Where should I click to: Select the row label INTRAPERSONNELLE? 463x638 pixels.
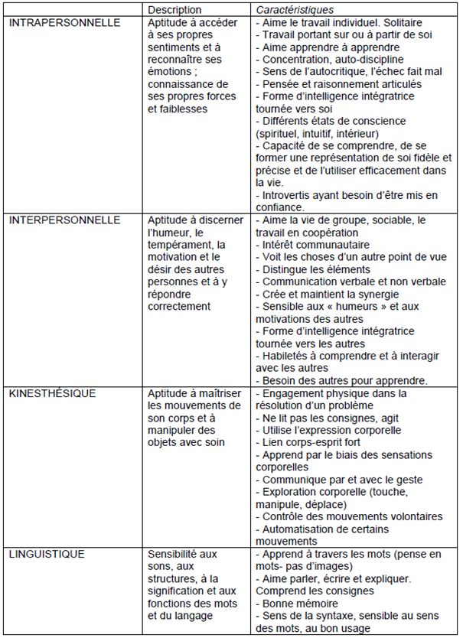pos(64,23)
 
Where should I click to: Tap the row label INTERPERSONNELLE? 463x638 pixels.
pos(65,220)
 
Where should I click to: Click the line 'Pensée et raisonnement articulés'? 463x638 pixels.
pos(341,84)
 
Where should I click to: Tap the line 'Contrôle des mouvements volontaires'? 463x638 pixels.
pos(352,516)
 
